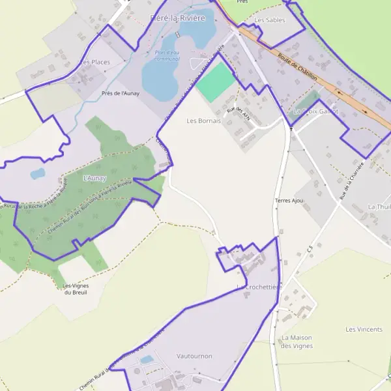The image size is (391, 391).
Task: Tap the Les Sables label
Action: (x=269, y=20)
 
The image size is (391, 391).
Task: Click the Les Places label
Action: (x=95, y=62)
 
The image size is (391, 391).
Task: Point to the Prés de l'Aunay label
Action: (x=121, y=93)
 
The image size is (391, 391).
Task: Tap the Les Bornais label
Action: (x=203, y=121)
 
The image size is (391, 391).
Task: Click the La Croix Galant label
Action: (x=315, y=111)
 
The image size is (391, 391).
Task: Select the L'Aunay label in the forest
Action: (x=94, y=177)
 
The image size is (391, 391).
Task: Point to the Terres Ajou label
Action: (x=289, y=200)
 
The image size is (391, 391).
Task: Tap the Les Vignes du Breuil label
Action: (x=76, y=289)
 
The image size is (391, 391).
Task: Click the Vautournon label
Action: (x=194, y=356)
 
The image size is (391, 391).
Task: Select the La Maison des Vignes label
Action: (x=297, y=341)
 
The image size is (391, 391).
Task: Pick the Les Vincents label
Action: (x=364, y=329)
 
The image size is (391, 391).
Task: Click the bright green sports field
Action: (x=215, y=83)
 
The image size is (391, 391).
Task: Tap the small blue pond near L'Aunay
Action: (x=38, y=173)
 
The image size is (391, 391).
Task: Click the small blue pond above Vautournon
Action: (x=147, y=359)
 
